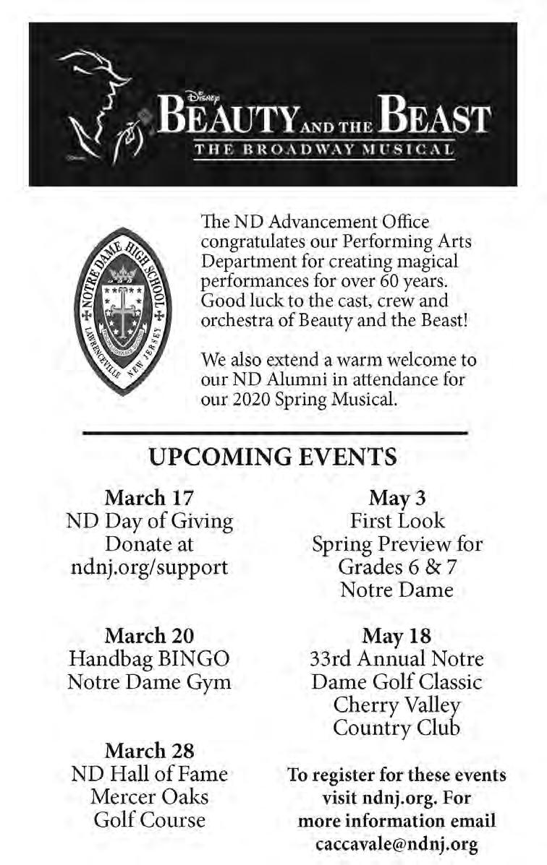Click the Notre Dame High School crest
click(122, 311)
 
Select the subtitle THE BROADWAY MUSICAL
click(324, 150)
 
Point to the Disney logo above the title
click(199, 94)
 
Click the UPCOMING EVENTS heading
click(273, 457)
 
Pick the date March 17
click(150, 498)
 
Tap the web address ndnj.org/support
click(150, 567)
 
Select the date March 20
click(150, 636)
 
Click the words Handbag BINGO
click(150, 659)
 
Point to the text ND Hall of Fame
click(150, 774)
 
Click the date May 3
click(397, 498)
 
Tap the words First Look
click(397, 520)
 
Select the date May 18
click(397, 636)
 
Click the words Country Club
click(397, 728)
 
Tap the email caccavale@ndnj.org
click(397, 843)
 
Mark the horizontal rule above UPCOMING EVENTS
click(275, 433)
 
